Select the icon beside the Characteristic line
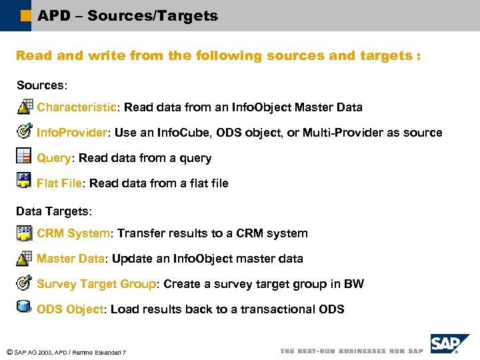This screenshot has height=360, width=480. (24, 106)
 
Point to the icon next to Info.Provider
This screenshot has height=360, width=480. (24, 131)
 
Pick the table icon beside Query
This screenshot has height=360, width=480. (24, 156)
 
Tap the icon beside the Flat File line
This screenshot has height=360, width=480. (24, 181)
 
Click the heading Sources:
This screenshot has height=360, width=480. (42, 85)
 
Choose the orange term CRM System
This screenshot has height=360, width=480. (73, 233)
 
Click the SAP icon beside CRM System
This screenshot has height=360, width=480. (24, 233)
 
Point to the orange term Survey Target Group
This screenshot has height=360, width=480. (96, 284)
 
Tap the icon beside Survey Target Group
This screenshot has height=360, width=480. (24, 282)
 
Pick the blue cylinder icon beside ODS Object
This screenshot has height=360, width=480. (24, 307)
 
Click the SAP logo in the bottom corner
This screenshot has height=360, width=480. (449, 343)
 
